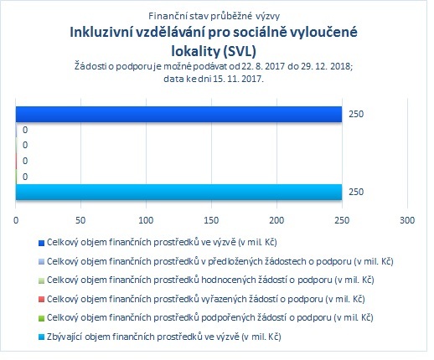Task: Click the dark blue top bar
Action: point(178,114)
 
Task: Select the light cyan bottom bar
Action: point(178,192)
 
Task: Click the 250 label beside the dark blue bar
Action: point(356,114)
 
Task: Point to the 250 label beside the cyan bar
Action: point(356,192)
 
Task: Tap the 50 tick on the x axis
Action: point(80,220)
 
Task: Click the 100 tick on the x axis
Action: point(146,220)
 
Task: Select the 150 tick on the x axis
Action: point(211,220)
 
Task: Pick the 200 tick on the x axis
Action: point(276,220)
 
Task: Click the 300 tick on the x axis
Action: point(407,220)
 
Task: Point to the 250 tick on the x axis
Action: point(342,220)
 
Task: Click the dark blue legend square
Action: point(41,243)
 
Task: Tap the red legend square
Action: point(41,300)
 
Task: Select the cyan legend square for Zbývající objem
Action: point(41,337)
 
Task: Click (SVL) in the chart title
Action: point(240,51)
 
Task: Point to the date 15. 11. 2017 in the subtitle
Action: point(238,79)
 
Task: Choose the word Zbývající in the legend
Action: point(65,337)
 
